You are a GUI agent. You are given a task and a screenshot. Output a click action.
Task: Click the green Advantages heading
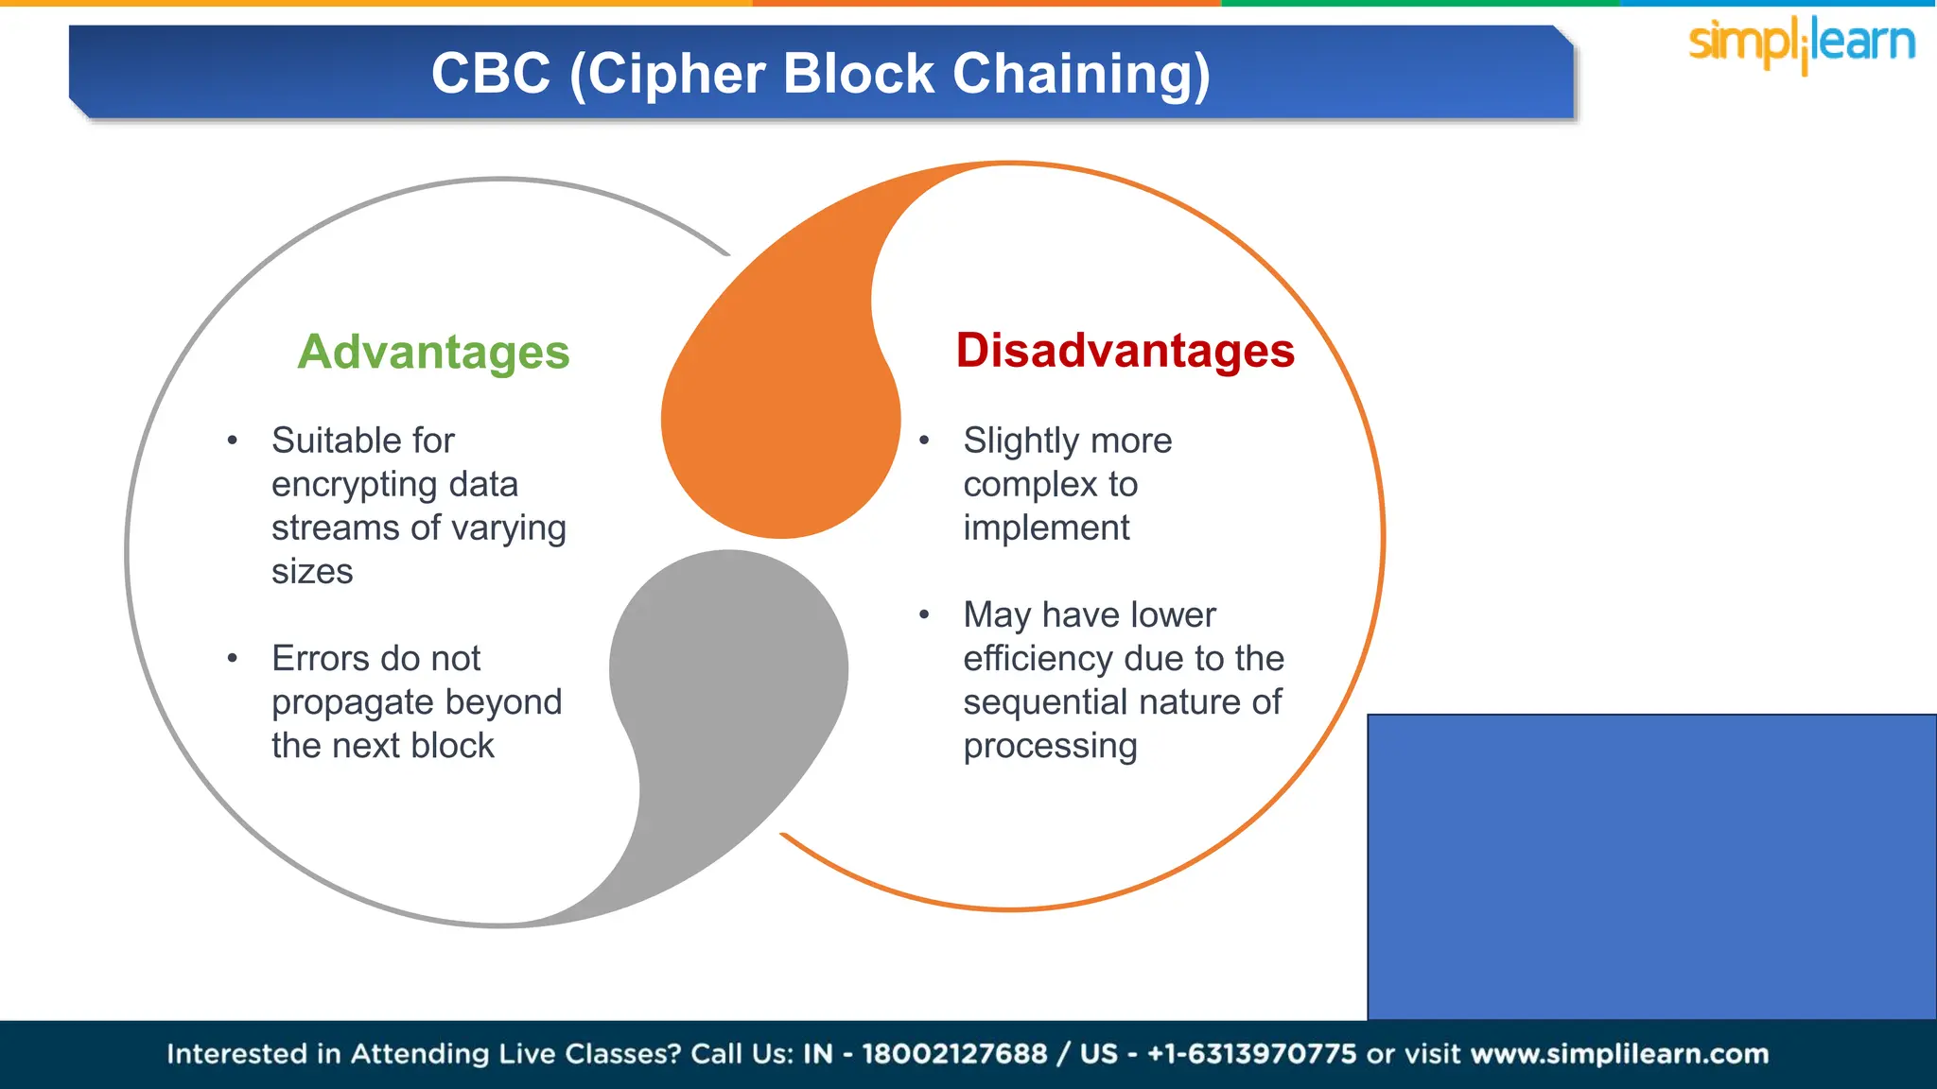[433, 353]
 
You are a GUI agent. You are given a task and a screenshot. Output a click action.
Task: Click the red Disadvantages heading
[1125, 351]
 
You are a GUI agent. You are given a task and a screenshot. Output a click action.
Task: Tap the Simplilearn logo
[1801, 43]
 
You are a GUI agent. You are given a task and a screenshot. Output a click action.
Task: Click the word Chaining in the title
[1081, 74]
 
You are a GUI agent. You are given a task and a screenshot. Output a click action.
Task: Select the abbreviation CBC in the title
[491, 74]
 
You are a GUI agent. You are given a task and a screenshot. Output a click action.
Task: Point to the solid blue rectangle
[1651, 866]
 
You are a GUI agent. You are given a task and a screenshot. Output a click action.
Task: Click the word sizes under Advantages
[312, 572]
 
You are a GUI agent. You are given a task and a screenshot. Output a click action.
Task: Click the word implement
[1046, 528]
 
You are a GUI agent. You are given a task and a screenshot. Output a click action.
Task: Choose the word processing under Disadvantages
[1050, 747]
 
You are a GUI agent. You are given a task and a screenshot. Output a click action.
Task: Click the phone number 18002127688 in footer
[954, 1054]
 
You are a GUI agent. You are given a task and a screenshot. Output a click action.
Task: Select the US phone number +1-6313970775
[1251, 1054]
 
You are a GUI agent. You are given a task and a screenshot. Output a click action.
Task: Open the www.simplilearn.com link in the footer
[1619, 1054]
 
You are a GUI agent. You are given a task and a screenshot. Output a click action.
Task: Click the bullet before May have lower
[924, 615]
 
